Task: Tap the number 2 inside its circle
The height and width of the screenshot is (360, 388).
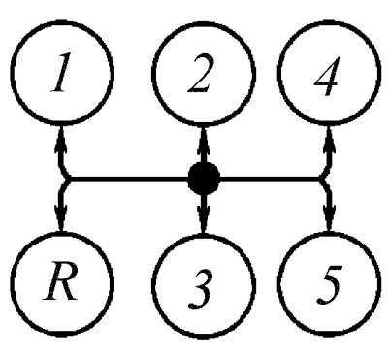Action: [200, 74]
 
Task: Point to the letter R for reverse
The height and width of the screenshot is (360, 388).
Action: [61, 281]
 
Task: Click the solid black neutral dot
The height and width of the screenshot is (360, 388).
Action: [204, 179]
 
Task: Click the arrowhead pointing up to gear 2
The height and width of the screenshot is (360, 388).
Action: [202, 140]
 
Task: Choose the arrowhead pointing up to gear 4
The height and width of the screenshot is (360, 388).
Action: [329, 140]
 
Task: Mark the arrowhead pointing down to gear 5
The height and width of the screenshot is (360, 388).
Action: [329, 216]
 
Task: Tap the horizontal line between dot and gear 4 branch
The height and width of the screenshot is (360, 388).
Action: [270, 179]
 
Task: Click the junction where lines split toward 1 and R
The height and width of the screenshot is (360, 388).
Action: [65, 179]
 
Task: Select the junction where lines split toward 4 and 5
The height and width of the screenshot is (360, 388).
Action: [323, 179]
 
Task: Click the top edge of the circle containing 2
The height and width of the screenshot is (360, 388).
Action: [203, 23]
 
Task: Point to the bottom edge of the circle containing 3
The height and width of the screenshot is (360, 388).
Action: [203, 336]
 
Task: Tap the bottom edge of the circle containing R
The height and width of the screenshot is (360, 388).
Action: [62, 333]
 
